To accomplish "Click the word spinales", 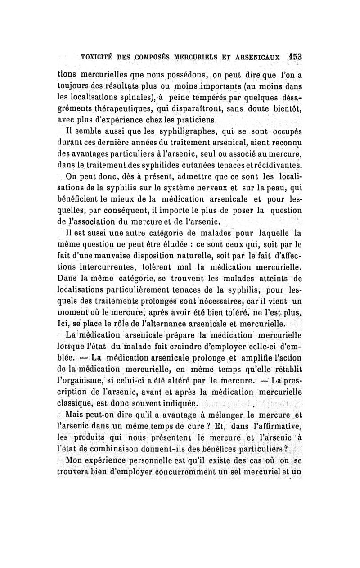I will [x=137, y=97].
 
